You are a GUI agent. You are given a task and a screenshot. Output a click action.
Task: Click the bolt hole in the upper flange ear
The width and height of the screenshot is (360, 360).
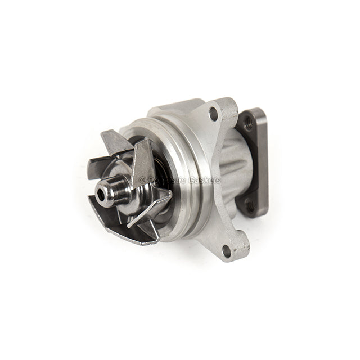tap(213, 114)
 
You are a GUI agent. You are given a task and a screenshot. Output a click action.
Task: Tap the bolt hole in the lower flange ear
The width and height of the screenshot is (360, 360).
tap(226, 251)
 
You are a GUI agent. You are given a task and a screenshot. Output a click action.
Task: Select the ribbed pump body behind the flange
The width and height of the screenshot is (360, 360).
tap(233, 169)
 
